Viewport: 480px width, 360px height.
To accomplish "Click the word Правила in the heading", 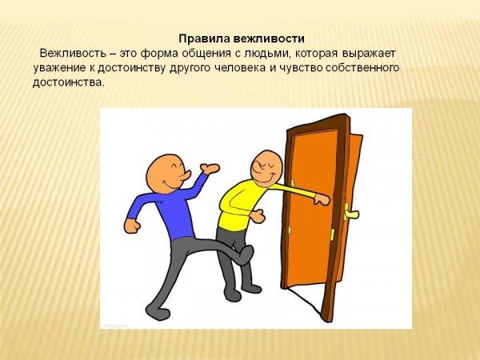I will (200, 38).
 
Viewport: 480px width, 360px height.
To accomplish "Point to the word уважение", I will (62, 68).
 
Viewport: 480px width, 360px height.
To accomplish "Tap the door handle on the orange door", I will (352, 213).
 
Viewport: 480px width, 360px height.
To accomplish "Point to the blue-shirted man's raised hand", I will (210, 169).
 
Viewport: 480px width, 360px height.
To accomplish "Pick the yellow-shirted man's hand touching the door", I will (321, 199).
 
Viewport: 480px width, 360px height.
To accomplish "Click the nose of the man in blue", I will (183, 174).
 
